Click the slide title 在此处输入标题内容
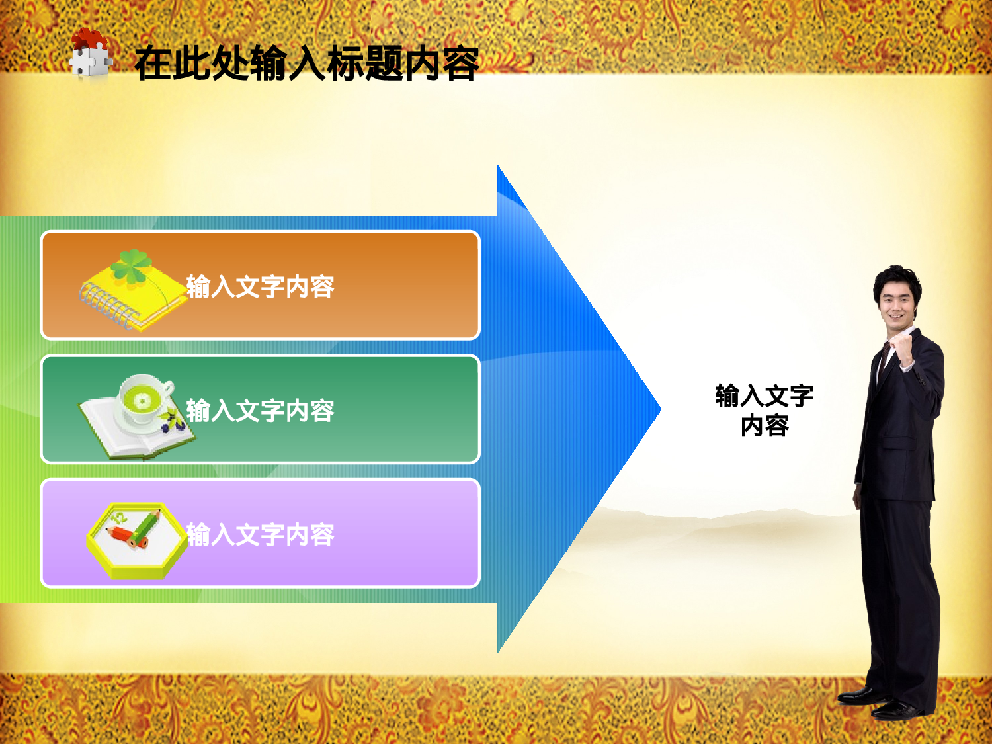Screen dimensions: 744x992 tap(306, 64)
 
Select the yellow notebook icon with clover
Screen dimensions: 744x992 tap(132, 291)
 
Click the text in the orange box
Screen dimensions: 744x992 tap(260, 287)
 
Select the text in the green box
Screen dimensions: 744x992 tap(260, 411)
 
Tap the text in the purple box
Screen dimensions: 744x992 tap(260, 534)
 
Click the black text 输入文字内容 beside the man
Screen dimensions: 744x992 tap(764, 410)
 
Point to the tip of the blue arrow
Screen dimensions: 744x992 tap(659, 409)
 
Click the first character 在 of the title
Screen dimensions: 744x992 tap(153, 64)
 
